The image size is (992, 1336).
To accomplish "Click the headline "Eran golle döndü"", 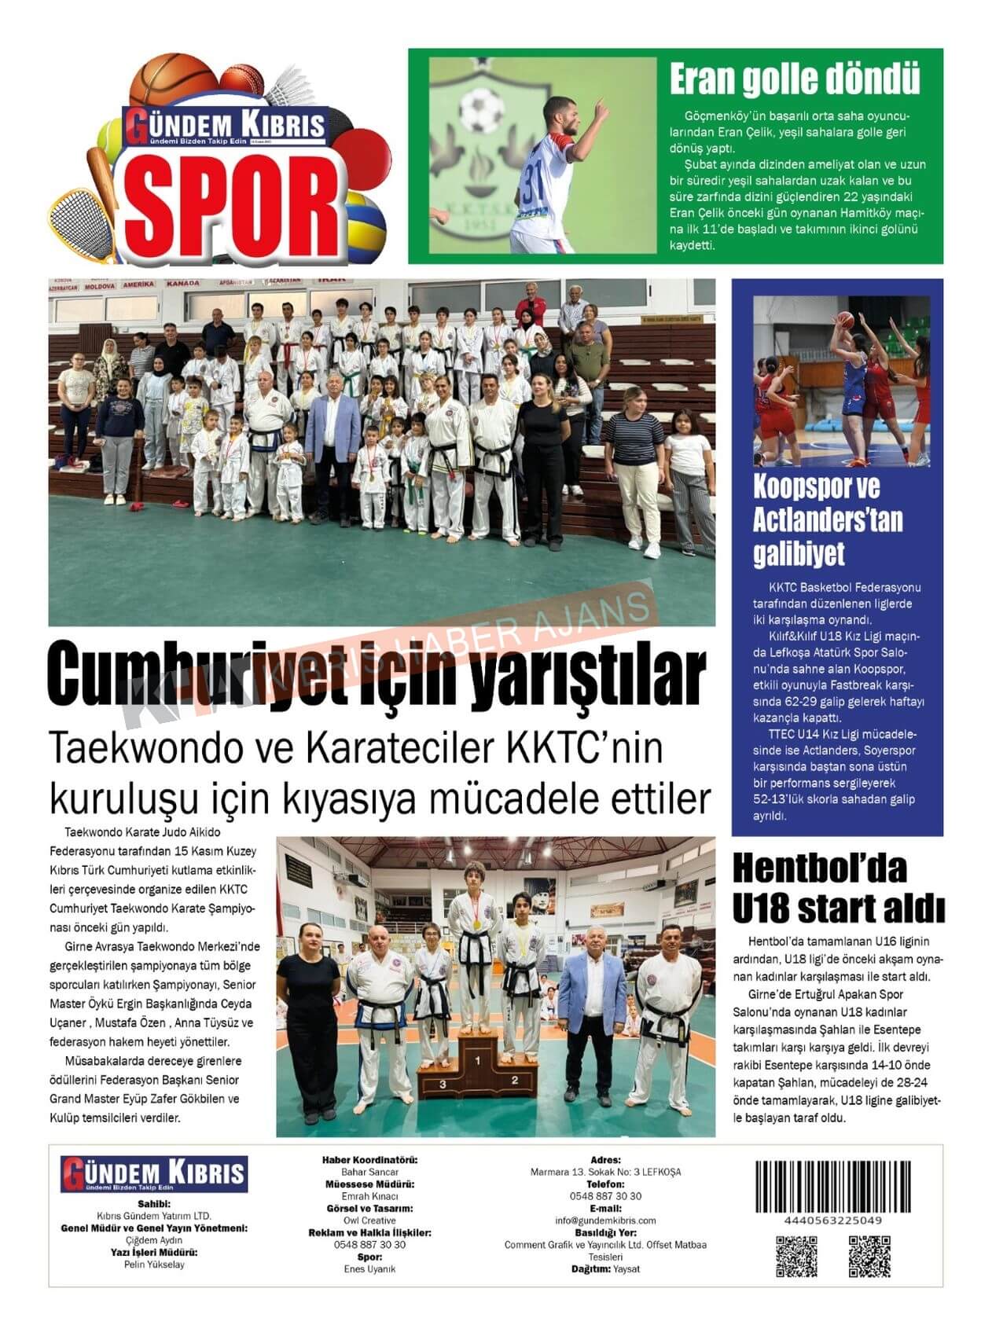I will pyautogui.click(x=795, y=79).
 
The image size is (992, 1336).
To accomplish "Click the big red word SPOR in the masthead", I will pyautogui.click(x=233, y=204).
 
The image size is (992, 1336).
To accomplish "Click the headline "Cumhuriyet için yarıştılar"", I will pyautogui.click(x=377, y=675).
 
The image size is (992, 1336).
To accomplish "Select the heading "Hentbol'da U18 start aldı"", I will pyautogui.click(x=838, y=889).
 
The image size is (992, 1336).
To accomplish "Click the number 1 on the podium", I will pyautogui.click(x=478, y=1061).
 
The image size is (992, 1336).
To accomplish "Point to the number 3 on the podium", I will pyautogui.click(x=443, y=1084).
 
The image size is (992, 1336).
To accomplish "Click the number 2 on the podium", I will pyautogui.click(x=515, y=1080).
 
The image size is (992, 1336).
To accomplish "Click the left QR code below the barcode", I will pyautogui.click(x=796, y=1256).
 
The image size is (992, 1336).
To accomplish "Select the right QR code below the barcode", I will pyautogui.click(x=869, y=1256).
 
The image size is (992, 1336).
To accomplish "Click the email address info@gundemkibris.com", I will pyautogui.click(x=605, y=1220).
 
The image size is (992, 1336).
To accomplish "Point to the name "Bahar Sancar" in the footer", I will pyautogui.click(x=369, y=1172).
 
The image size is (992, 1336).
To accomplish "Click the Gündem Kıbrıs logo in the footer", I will pyautogui.click(x=154, y=1174).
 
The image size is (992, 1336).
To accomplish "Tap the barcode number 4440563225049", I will pyautogui.click(x=833, y=1220).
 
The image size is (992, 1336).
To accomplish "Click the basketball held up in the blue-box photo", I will pyautogui.click(x=845, y=320).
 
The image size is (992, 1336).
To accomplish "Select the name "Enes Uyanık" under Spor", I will pyautogui.click(x=369, y=1269).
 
